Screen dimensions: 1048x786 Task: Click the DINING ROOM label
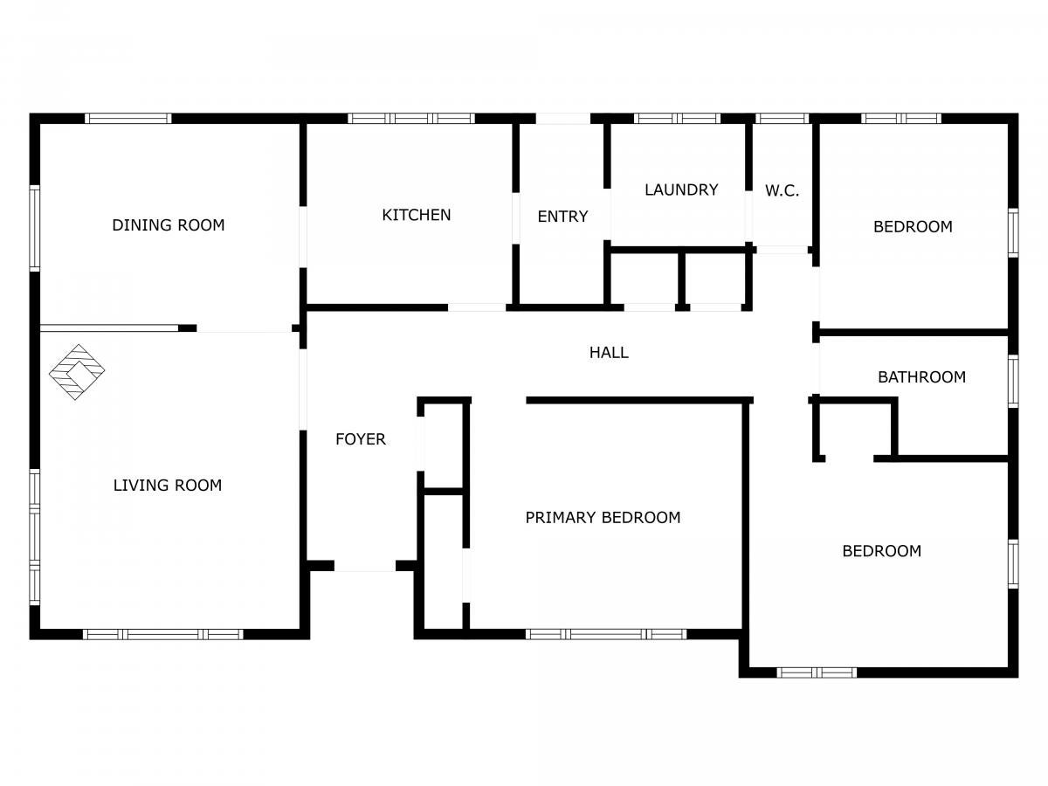tap(168, 224)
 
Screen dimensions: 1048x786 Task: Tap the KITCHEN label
tap(417, 215)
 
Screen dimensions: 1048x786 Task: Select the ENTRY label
tap(562, 217)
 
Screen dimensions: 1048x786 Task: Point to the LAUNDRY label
tap(681, 190)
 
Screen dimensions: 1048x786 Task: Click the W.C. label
tap(782, 190)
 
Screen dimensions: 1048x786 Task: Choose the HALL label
tap(609, 352)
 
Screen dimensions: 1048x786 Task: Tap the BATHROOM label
tap(921, 377)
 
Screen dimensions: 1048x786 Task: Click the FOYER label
tap(361, 439)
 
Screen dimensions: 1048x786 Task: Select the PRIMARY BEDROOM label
tap(603, 517)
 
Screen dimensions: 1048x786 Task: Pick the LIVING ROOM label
tap(168, 486)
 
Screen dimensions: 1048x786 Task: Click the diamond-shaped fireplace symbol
tap(76, 372)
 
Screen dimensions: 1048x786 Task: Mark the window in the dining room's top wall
tap(128, 119)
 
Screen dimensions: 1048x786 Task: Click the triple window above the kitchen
tap(411, 119)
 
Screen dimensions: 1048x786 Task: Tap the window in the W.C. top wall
tap(782, 119)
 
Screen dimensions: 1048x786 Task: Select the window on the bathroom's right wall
tap(1013, 382)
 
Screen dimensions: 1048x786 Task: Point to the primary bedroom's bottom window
tap(606, 634)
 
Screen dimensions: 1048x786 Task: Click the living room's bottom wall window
tap(163, 634)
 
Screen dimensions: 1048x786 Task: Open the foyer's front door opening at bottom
tap(365, 566)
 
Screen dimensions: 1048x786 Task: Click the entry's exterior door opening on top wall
tap(563, 119)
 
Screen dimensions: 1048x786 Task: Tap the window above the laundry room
tap(677, 119)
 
